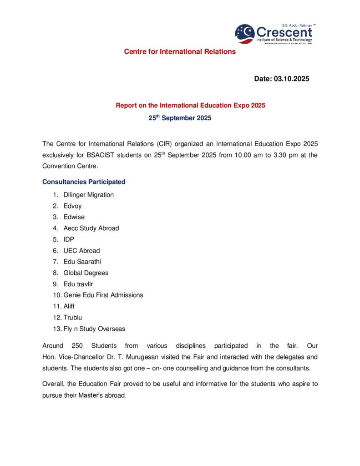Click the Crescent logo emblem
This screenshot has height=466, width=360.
(x=245, y=33)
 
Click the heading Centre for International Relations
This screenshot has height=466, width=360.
(x=180, y=51)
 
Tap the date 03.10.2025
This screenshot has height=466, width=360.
(x=291, y=79)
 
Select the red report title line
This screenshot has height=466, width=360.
(x=190, y=106)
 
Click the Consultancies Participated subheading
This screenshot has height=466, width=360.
(x=84, y=182)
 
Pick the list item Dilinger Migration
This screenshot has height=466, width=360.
(x=89, y=195)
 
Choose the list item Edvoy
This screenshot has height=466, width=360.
(x=73, y=206)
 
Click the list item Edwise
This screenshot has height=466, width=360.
(x=74, y=217)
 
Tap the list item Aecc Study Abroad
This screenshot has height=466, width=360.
(x=91, y=228)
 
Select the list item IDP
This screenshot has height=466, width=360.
(x=69, y=239)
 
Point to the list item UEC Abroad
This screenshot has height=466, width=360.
(x=81, y=251)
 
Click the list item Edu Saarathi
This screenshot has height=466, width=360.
(x=82, y=262)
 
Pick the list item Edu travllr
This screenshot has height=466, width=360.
(x=78, y=284)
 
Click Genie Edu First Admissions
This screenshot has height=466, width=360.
(x=103, y=295)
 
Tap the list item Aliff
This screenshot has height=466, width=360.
(x=70, y=306)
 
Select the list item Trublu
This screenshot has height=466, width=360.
(x=73, y=317)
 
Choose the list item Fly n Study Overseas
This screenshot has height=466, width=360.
(x=94, y=329)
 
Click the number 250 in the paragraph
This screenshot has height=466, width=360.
(x=78, y=346)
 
